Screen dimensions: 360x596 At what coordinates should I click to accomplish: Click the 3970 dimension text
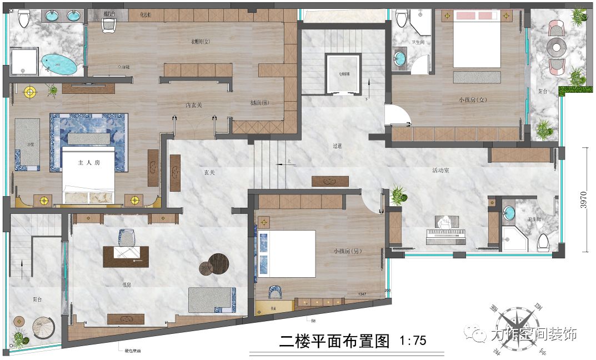click(x=583, y=199)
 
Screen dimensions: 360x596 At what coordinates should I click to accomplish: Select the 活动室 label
click(x=440, y=171)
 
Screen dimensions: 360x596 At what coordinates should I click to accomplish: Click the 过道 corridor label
click(x=337, y=146)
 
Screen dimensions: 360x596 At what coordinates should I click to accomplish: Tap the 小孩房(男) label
click(x=348, y=251)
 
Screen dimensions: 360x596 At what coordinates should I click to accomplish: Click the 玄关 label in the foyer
click(x=209, y=173)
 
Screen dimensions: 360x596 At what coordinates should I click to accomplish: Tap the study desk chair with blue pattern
click(x=126, y=237)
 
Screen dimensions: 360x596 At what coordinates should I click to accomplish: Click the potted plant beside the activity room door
click(x=398, y=194)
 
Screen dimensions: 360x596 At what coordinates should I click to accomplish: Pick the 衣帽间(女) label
click(x=198, y=41)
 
